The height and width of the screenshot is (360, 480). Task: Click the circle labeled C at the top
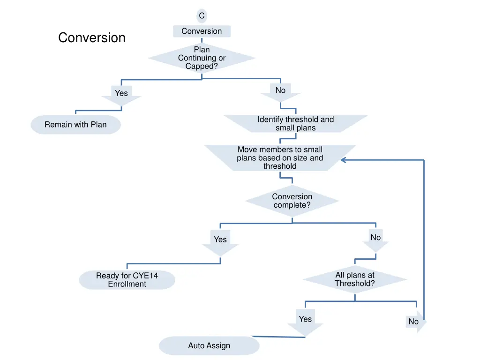(x=202, y=16)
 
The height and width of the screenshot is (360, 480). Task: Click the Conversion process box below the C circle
(x=202, y=31)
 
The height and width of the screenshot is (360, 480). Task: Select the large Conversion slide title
(x=92, y=37)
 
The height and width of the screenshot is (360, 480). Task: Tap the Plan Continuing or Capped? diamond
(x=202, y=58)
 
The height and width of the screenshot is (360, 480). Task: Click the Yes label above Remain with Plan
(x=121, y=93)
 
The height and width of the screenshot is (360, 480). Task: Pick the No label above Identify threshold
(x=280, y=90)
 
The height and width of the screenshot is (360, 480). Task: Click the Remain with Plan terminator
(x=75, y=125)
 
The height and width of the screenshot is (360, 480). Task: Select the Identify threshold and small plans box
(x=295, y=124)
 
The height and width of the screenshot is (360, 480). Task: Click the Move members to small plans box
(x=280, y=158)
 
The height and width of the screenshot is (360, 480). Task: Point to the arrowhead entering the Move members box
(x=343, y=160)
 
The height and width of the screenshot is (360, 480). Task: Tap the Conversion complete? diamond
(x=292, y=201)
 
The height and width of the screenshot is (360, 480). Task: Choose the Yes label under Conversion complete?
(x=220, y=240)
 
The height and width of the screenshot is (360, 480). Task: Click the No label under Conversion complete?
(x=375, y=238)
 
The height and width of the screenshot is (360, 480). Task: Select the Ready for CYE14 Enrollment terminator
(x=127, y=280)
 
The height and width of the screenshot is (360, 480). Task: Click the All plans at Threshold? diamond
(x=355, y=279)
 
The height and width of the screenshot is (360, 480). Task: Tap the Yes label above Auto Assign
(x=305, y=319)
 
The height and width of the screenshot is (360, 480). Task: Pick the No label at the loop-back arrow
(x=413, y=322)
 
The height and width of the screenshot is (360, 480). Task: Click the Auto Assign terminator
(x=209, y=346)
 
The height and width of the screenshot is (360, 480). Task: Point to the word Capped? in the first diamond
(x=202, y=67)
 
